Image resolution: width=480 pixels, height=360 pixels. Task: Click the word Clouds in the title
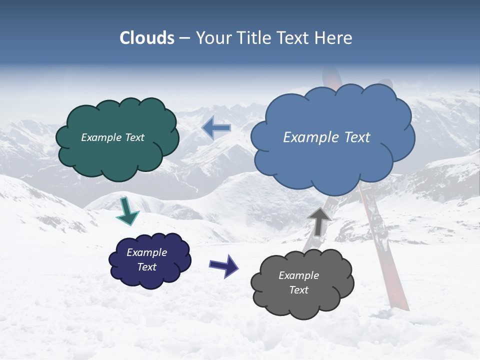click(x=147, y=38)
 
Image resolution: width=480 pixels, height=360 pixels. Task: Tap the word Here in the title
click(x=334, y=38)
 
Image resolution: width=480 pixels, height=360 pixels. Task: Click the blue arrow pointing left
click(x=216, y=128)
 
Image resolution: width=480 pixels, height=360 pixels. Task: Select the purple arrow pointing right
click(x=224, y=265)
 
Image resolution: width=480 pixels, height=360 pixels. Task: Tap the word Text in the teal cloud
click(x=135, y=137)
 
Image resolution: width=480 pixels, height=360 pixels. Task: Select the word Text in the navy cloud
click(x=147, y=267)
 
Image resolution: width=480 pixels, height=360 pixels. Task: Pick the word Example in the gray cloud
click(x=298, y=275)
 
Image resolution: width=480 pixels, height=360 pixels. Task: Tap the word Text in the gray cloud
click(x=298, y=290)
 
